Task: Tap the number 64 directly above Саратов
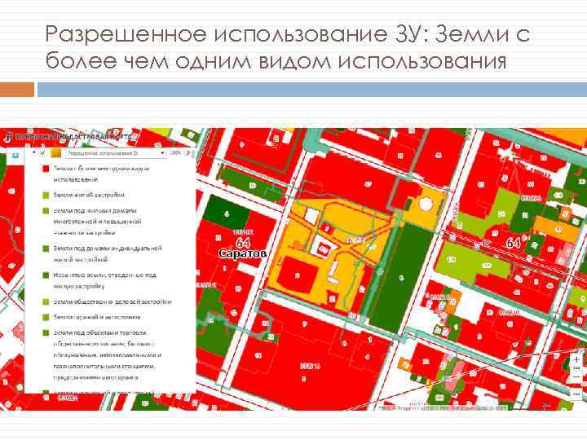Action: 243,243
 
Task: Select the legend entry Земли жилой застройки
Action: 90,194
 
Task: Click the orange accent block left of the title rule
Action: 18,88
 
